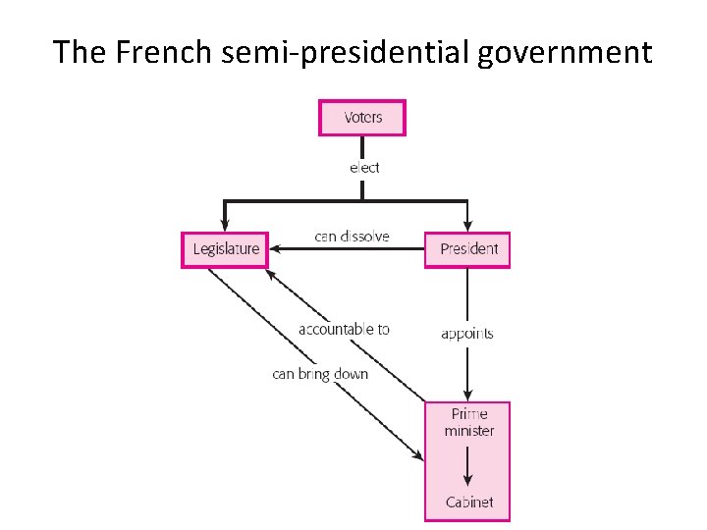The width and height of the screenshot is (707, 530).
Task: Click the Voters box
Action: click(362, 118)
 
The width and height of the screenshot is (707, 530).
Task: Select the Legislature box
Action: click(225, 249)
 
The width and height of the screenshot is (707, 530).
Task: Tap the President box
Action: click(467, 249)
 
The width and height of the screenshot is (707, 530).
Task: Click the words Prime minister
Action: click(468, 423)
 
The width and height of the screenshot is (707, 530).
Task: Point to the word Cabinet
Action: click(468, 503)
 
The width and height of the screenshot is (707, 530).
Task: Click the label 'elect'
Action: click(363, 168)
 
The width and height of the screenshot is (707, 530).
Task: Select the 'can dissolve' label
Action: click(352, 236)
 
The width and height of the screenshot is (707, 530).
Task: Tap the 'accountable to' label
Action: click(344, 330)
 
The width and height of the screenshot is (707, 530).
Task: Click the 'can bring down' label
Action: click(320, 374)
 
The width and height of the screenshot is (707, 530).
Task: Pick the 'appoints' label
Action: click(466, 334)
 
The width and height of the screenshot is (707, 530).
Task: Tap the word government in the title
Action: click(566, 52)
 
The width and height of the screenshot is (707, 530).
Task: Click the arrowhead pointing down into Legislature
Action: click(225, 226)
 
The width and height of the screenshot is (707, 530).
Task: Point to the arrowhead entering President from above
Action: click(467, 226)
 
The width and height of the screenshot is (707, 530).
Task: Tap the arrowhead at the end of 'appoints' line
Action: click(467, 394)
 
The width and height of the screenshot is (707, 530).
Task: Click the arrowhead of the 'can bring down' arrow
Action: click(419, 456)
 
